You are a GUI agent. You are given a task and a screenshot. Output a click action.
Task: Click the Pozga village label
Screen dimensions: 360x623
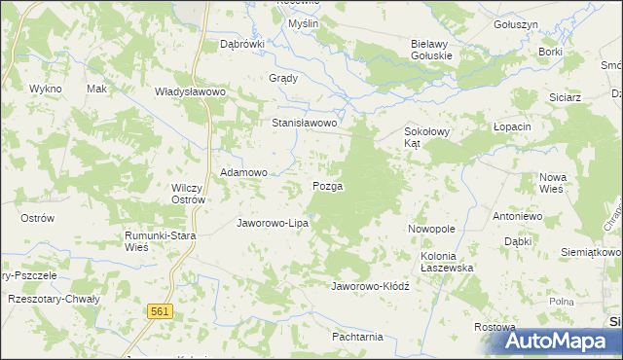pyautogui.click(x=327, y=185)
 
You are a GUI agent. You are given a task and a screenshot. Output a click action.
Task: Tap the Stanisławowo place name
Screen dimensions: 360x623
pyautogui.click(x=304, y=124)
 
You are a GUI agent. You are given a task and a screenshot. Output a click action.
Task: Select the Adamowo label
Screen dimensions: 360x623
pyautogui.click(x=243, y=172)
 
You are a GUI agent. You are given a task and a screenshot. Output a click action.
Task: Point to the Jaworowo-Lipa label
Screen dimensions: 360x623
pyautogui.click(x=274, y=223)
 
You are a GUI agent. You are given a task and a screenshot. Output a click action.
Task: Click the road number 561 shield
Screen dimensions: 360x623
pyautogui.click(x=162, y=310)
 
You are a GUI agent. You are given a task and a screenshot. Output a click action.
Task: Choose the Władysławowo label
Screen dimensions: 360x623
pyautogui.click(x=191, y=91)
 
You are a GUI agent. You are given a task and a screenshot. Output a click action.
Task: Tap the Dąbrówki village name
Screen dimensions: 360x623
pyautogui.click(x=242, y=44)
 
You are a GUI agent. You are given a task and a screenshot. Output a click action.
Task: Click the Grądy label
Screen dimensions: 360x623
pyautogui.click(x=282, y=79)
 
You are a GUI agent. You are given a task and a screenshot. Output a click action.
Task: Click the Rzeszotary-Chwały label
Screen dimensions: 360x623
pyautogui.click(x=47, y=300)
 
